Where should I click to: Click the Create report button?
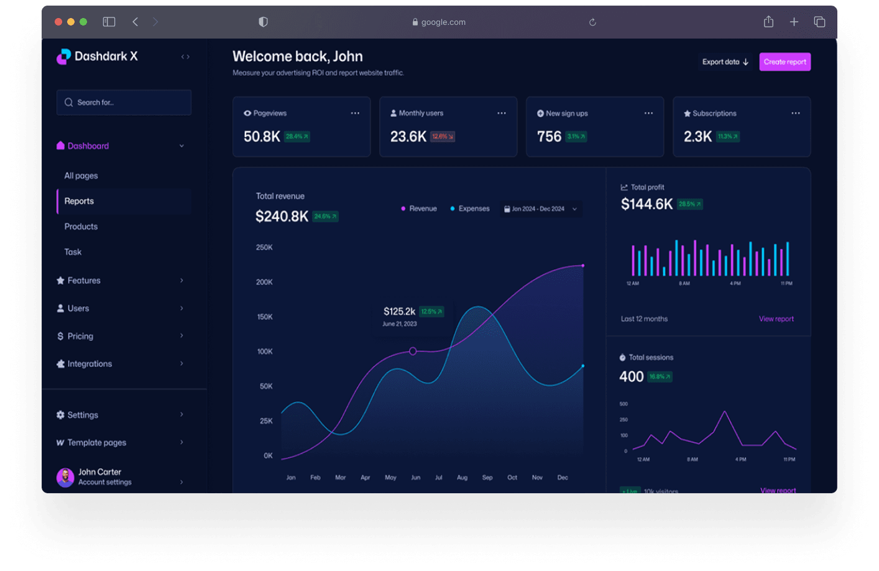(x=785, y=62)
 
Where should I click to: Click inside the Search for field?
(x=124, y=103)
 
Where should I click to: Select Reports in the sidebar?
(x=79, y=202)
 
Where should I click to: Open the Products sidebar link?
(x=81, y=227)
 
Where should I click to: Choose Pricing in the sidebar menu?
(x=80, y=337)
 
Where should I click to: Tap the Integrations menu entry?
(x=90, y=364)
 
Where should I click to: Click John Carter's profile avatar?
(x=65, y=477)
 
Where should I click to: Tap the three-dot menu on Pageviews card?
(x=355, y=113)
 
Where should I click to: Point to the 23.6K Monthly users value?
(x=408, y=137)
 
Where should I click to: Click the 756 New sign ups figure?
(x=549, y=137)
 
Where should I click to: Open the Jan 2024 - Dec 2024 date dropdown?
(x=540, y=209)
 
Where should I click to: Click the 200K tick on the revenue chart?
(x=264, y=282)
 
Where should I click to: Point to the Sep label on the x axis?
(x=487, y=478)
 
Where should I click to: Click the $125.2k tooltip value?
(x=399, y=312)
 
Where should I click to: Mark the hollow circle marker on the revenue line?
(x=413, y=351)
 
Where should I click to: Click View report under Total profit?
(x=776, y=319)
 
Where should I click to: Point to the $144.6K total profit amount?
(x=647, y=205)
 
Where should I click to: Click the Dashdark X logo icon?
(x=63, y=57)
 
